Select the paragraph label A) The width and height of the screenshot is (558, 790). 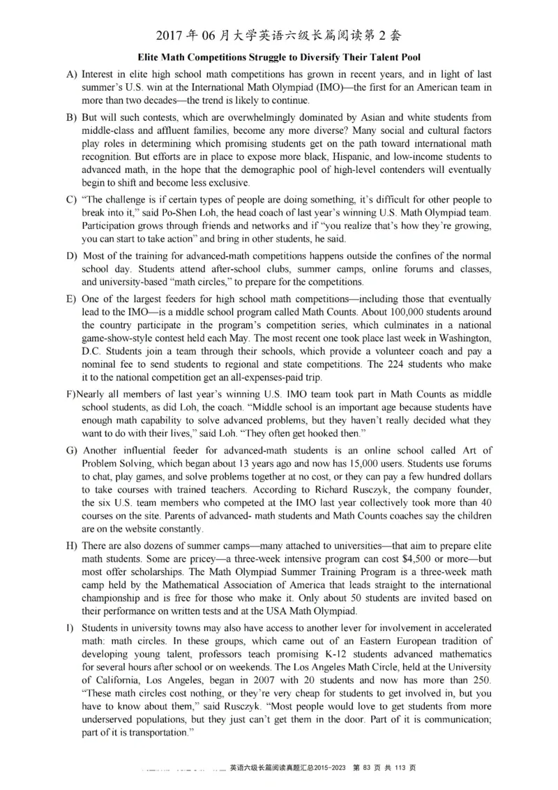72,74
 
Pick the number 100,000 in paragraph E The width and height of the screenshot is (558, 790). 422,311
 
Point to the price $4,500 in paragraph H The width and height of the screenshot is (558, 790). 418,558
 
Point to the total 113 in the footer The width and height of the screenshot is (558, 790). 402,768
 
